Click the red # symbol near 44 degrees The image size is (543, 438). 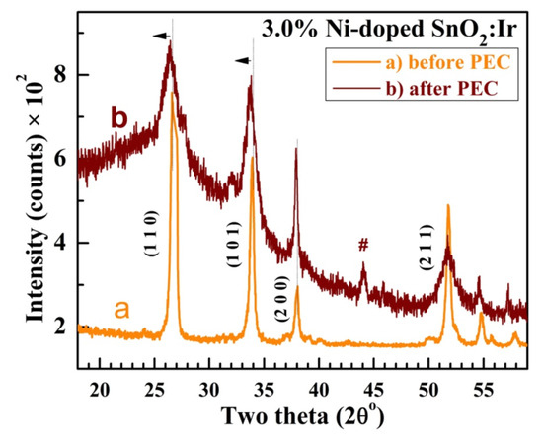coord(363,245)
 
